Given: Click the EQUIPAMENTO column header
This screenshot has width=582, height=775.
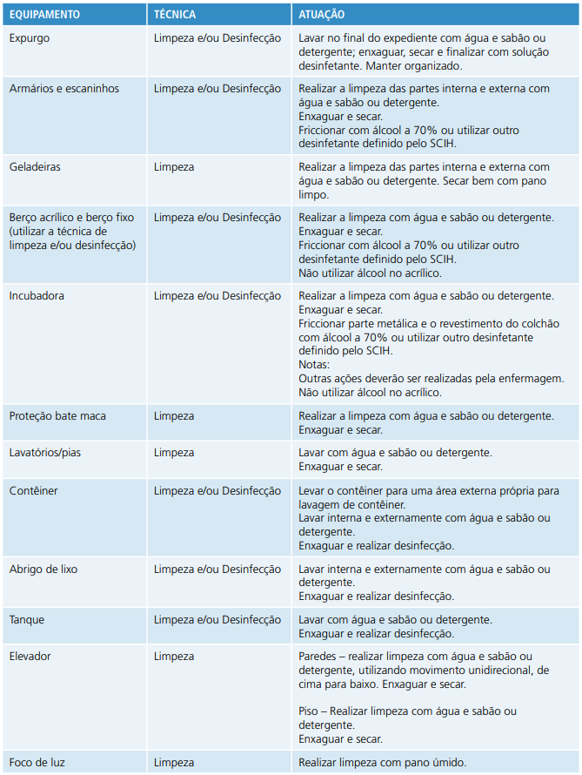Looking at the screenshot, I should [44, 15].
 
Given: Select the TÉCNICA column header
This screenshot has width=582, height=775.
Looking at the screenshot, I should [175, 15].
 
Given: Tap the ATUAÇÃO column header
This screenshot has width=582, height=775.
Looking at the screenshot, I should [321, 15].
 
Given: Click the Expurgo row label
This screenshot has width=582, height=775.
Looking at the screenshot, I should [30, 38].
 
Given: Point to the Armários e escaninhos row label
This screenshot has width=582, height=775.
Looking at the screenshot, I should [64, 89].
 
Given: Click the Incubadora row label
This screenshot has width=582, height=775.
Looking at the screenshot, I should [37, 296].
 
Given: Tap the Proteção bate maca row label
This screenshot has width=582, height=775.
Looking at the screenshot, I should [57, 416].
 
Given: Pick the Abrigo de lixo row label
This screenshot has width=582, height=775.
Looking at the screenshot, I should [43, 569].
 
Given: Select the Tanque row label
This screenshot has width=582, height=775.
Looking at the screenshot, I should [27, 620].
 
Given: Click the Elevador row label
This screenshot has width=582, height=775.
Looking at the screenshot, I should [30, 657].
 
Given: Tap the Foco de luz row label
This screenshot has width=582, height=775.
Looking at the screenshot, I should [37, 763].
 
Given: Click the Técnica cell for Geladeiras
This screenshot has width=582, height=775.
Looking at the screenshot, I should [174, 166].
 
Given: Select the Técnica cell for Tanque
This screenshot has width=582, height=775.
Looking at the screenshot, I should [217, 620].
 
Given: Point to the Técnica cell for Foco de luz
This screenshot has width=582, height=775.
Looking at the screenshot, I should [174, 763].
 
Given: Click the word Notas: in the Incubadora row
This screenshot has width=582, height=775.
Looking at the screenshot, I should [314, 365].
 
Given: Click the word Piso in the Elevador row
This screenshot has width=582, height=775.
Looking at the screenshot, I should [309, 711].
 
